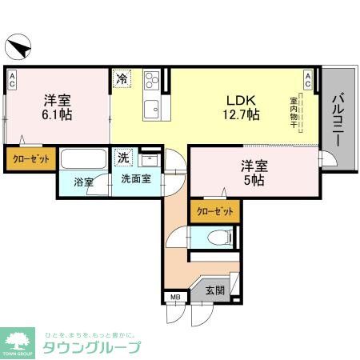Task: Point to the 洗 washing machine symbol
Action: pyautogui.click(x=124, y=157)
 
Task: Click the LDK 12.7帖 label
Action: pyautogui.click(x=241, y=107)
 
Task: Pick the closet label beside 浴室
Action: pyautogui.click(x=30, y=159)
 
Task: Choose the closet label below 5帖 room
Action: pyautogui.click(x=214, y=211)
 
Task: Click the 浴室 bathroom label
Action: pyautogui.click(x=83, y=182)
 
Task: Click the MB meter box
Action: pyautogui.click(x=174, y=298)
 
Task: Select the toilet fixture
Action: pyautogui.click(x=218, y=237)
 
